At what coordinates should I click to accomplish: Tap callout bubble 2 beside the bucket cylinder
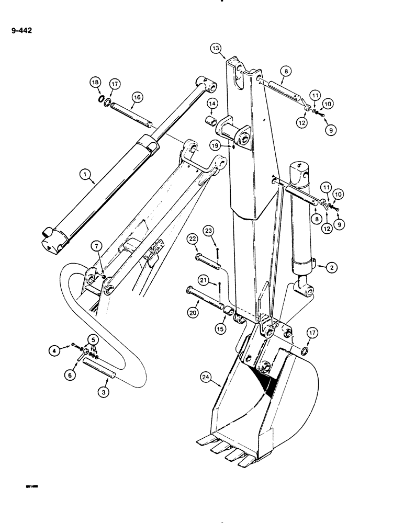pyautogui.click(x=331, y=267)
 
